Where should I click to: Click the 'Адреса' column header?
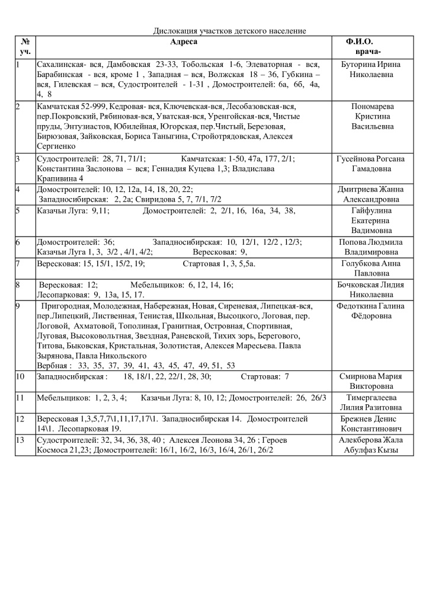(x=183, y=41)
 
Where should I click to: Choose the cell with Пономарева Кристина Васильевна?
(x=373, y=116)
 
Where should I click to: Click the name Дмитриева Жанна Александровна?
(x=373, y=194)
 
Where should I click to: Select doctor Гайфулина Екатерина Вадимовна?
(x=373, y=220)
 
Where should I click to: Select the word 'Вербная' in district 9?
(x=51, y=365)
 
